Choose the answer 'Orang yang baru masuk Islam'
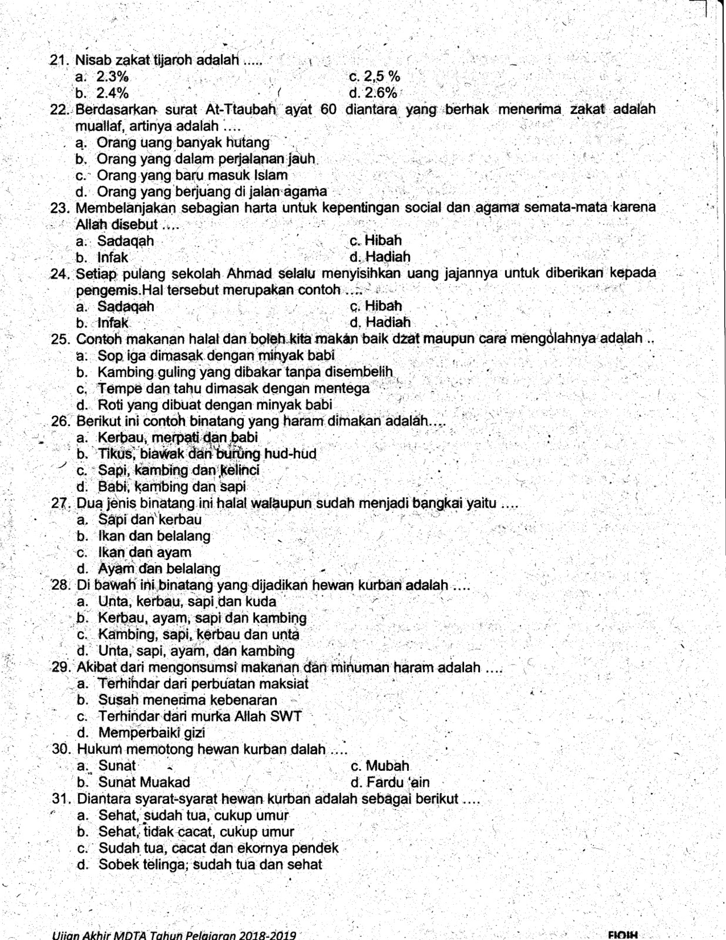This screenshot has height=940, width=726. tap(192, 175)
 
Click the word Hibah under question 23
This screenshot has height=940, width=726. tap(383, 240)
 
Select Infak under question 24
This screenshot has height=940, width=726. tap(113, 323)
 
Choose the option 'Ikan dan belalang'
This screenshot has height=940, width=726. tap(154, 536)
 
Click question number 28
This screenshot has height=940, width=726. tap(60, 585)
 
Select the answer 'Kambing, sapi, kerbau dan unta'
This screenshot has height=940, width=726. tap(199, 634)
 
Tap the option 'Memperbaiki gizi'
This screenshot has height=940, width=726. tap(152, 733)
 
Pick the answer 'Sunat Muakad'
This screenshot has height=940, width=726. tap(144, 782)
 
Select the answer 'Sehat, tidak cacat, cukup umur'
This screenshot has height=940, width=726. tap(196, 831)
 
